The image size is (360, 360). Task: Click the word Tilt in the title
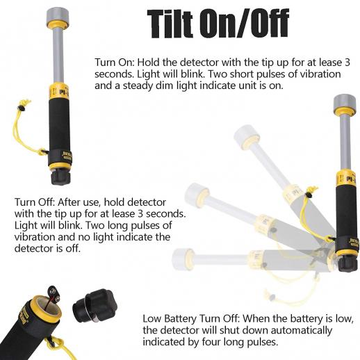click(x=170, y=24)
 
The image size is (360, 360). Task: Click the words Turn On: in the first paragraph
click(x=115, y=63)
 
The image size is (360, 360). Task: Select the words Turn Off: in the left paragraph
click(x=34, y=202)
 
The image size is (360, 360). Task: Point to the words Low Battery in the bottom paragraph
click(x=169, y=319)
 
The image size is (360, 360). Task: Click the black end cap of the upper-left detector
click(x=60, y=177)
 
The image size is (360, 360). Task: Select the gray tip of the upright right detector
click(x=345, y=102)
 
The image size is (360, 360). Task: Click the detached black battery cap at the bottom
click(x=95, y=306)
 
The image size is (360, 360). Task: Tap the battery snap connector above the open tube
click(x=53, y=293)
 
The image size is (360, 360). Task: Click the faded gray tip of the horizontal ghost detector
click(x=183, y=259)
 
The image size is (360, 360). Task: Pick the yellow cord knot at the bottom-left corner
click(x=56, y=343)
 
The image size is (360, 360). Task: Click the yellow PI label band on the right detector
click(x=347, y=178)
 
